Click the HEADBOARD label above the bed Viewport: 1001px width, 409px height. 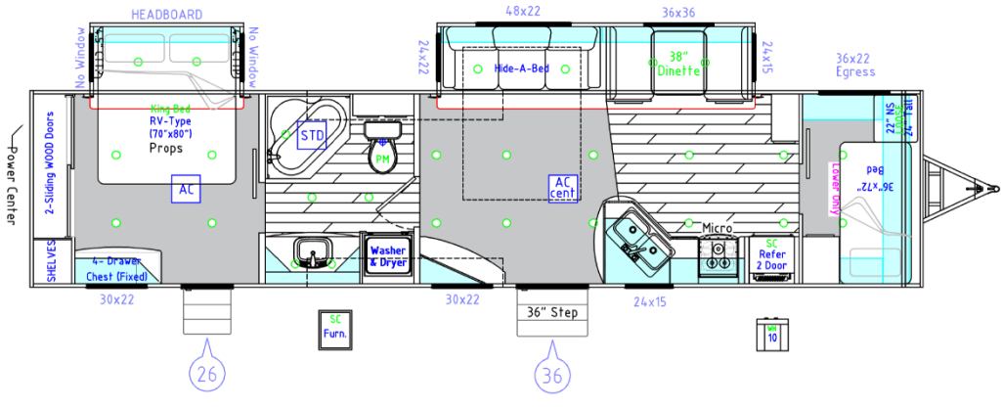tap(166, 15)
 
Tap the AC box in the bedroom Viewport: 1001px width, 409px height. tap(185, 191)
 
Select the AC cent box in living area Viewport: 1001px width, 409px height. tap(564, 187)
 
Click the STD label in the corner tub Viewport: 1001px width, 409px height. tap(311, 135)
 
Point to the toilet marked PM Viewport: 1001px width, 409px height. tap(380, 152)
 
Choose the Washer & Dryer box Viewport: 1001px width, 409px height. tap(387, 256)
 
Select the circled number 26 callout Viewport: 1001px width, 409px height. tap(206, 373)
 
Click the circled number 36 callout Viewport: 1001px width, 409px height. tap(552, 373)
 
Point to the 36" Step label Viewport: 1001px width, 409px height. tap(552, 313)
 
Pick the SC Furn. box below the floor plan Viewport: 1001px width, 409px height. tap(334, 326)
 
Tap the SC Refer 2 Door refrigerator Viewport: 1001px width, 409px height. tap(771, 256)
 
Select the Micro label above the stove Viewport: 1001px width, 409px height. tap(718, 228)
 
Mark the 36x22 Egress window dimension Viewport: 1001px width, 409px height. tap(856, 66)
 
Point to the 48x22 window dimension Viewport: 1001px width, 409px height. tap(523, 11)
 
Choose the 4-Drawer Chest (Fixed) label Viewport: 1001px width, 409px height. tap(117, 268)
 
